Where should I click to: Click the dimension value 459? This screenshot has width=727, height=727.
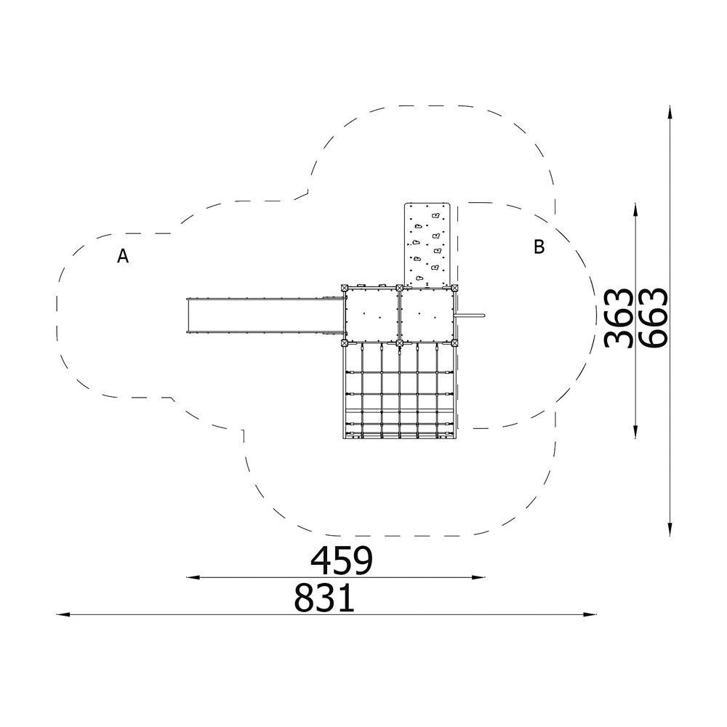coord(342,561)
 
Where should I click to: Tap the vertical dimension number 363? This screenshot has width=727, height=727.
coord(619,318)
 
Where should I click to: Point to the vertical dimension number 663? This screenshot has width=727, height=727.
coord(653,318)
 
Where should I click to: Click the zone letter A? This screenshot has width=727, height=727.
coord(122,255)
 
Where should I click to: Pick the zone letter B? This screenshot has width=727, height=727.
coord(539,246)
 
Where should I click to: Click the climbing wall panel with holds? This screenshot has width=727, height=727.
coord(428,244)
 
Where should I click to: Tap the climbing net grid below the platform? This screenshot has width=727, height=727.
coord(400,391)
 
